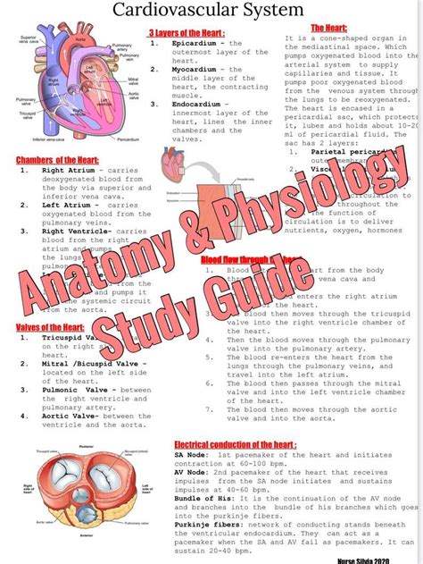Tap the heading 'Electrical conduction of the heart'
click(x=236, y=443)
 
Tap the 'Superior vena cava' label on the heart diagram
click(x=28, y=39)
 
